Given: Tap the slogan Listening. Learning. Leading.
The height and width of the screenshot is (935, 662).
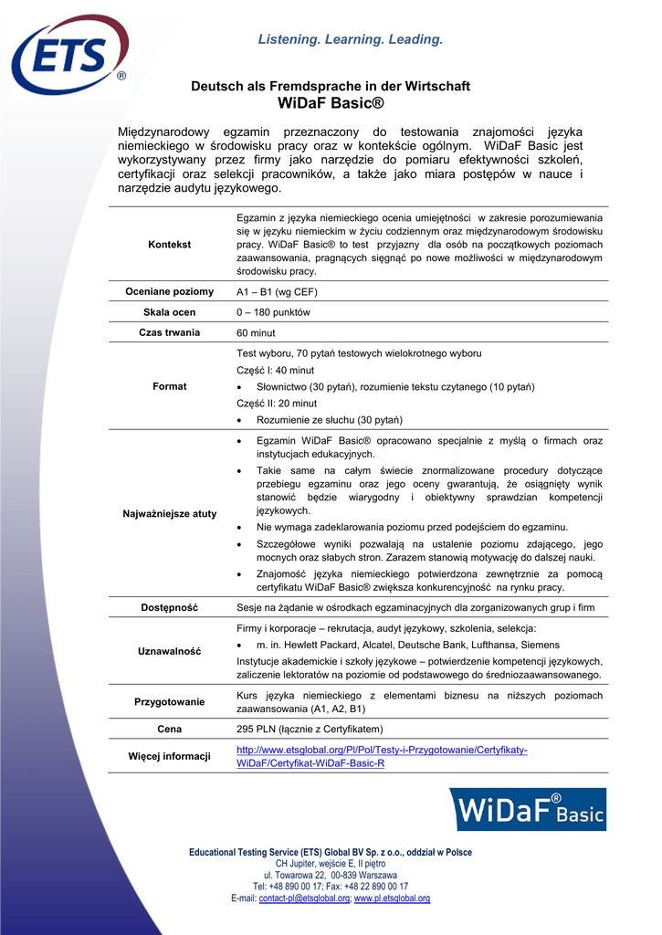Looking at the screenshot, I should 351,39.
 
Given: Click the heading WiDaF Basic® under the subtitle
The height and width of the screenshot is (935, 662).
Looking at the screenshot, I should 331,102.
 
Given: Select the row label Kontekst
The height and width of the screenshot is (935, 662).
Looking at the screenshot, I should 169,245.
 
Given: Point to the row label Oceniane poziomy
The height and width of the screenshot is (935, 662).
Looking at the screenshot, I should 169,291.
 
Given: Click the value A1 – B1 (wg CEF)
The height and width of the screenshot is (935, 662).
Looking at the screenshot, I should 277,292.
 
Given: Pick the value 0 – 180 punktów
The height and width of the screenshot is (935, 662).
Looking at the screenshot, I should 274,312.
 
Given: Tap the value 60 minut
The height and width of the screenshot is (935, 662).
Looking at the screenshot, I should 257,333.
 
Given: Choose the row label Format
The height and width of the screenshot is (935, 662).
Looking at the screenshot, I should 169,386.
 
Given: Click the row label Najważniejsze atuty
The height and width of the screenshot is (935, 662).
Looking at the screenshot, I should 169,513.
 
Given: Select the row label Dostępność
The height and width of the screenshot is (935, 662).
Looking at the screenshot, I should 169,607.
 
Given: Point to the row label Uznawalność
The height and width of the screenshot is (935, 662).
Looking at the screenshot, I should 169,651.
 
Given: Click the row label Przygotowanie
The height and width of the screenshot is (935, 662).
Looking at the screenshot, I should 169,702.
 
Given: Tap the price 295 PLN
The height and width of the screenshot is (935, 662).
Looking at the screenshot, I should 257,729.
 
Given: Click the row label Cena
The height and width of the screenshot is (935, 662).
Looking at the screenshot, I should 169,729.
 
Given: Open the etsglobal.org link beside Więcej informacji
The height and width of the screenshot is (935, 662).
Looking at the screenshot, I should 382,756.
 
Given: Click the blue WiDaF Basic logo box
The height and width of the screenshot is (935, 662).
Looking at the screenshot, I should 529,809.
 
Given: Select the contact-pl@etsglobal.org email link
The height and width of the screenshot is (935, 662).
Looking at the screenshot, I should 304,898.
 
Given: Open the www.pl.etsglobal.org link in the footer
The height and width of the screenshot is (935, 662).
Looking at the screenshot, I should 392,898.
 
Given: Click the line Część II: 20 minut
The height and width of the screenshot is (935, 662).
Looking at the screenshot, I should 277,403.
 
